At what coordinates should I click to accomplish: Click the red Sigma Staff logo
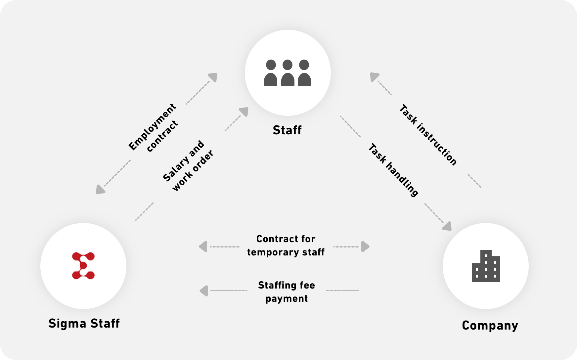click(83, 265)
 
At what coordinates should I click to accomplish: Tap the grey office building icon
click(486, 266)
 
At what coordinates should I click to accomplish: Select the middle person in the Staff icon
click(288, 73)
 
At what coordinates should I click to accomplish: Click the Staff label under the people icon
click(287, 130)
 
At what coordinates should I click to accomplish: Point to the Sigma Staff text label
click(84, 323)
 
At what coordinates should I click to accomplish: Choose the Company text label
click(490, 325)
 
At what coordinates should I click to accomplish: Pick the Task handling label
click(393, 170)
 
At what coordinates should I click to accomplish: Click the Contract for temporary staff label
click(286, 246)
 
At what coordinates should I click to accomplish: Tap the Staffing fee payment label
click(287, 292)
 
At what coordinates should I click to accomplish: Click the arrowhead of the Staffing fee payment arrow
click(204, 291)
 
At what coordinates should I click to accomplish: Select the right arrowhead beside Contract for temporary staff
click(365, 247)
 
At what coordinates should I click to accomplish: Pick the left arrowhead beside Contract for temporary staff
click(203, 247)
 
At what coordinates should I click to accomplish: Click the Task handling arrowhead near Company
click(447, 226)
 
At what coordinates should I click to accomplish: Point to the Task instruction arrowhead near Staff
click(374, 77)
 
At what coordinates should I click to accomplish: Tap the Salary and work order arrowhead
click(244, 112)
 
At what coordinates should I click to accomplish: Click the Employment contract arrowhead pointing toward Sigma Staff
click(100, 189)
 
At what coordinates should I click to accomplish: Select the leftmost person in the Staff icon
click(271, 73)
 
